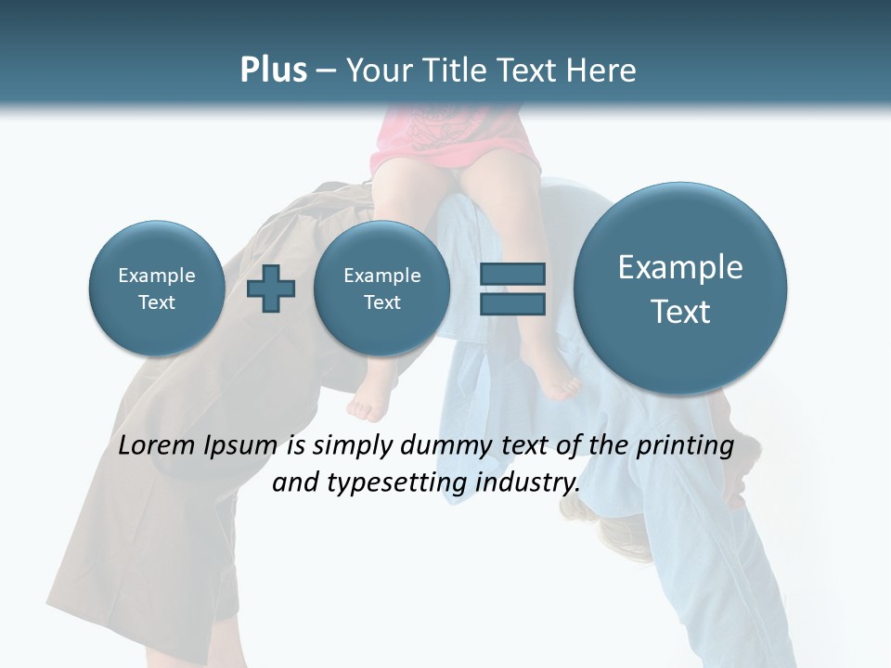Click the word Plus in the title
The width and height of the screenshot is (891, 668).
click(273, 71)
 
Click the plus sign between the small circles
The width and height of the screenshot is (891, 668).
click(271, 289)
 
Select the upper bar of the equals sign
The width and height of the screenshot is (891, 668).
click(511, 274)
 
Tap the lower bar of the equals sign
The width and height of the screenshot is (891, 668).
click(511, 304)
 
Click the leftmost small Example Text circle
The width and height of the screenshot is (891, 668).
click(156, 289)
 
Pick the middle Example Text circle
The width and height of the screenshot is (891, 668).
click(381, 289)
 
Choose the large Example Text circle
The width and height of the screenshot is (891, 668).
click(680, 289)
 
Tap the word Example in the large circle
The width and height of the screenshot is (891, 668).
click(680, 267)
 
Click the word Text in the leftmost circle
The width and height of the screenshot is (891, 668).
click(156, 302)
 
